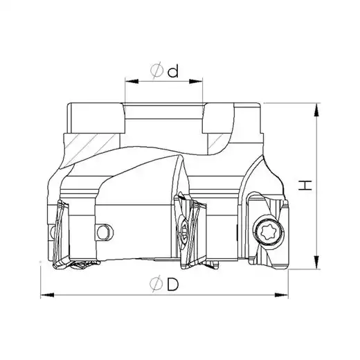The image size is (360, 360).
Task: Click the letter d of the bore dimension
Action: point(173,71)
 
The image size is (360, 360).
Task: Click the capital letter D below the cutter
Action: point(173,284)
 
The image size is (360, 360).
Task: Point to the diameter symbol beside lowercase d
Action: point(157,71)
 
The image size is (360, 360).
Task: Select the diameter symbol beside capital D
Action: point(156,284)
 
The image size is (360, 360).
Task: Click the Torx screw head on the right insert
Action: point(269,233)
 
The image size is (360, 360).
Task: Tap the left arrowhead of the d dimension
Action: point(132,81)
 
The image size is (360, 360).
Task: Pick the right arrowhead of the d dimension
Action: point(196,81)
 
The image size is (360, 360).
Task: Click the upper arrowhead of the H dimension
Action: point(318,110)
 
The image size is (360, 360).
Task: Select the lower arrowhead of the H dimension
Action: point(318,262)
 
